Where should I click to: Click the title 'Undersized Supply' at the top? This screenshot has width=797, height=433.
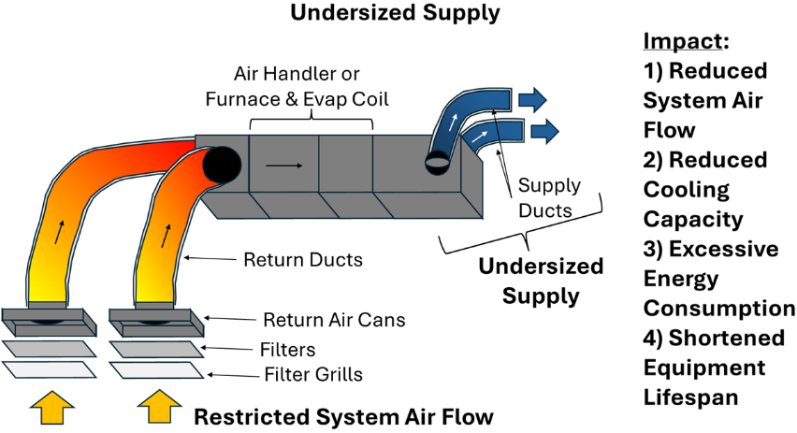(394, 13)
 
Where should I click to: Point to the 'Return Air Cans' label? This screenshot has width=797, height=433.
(334, 320)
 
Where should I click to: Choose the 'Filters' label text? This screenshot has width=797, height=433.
(289, 351)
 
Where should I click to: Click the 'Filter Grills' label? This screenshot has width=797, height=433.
(312, 375)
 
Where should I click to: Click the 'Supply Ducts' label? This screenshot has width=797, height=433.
(549, 198)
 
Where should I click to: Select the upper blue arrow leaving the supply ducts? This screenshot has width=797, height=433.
(532, 96)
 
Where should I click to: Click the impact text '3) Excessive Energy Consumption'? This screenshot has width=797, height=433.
(716, 279)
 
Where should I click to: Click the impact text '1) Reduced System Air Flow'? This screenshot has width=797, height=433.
(703, 100)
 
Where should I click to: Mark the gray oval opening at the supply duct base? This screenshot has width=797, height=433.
(437, 164)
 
